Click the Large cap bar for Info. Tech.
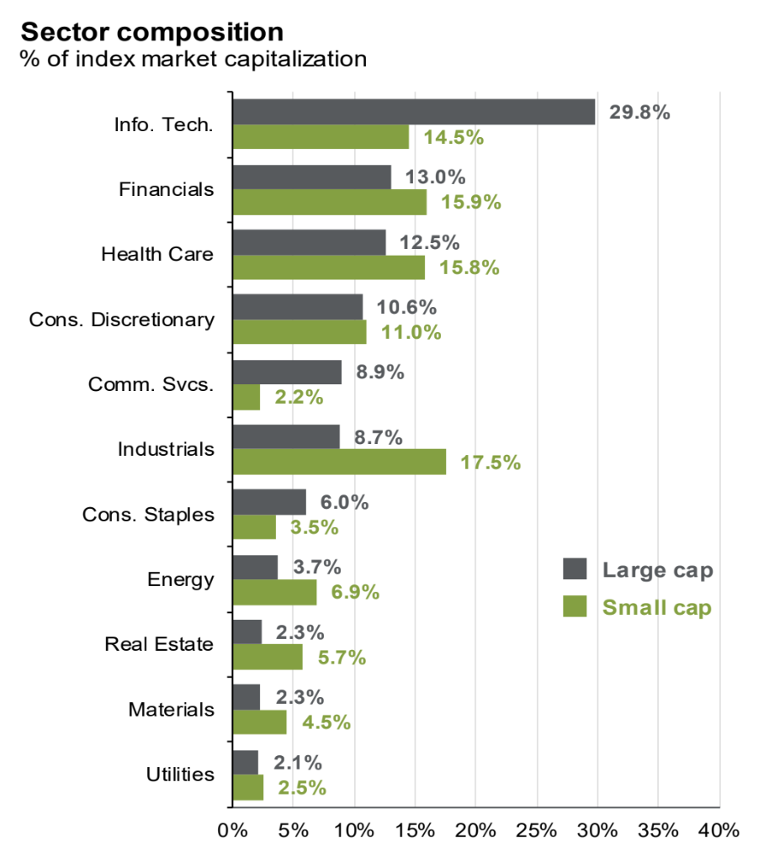(413, 112)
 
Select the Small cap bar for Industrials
(339, 462)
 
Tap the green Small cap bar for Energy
(274, 592)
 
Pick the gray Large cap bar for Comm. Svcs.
(287, 372)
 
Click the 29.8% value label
(639, 112)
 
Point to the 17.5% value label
(491, 462)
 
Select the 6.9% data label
(355, 592)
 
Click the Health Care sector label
(157, 254)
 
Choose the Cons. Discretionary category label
(121, 320)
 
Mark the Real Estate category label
(159, 644)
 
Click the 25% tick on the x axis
(536, 830)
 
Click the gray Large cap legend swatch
(575, 569)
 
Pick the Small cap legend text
(656, 607)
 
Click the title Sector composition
(151, 32)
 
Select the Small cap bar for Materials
(259, 722)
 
